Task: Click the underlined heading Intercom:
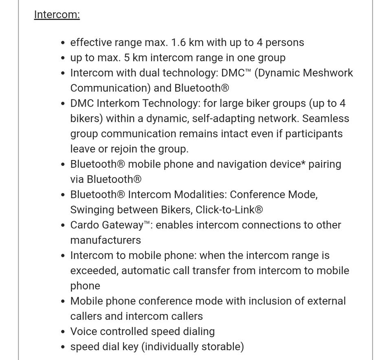coord(57,15)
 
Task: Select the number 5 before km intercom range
coord(127,57)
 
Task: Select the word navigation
coord(244,164)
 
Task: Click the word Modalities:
coord(200,195)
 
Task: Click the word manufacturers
coord(105,240)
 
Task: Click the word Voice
coord(83,331)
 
